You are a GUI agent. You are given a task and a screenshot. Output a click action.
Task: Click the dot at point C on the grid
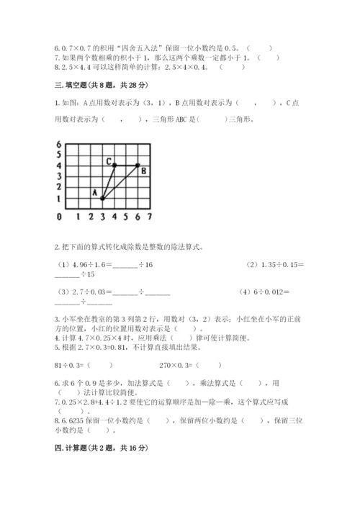(114, 166)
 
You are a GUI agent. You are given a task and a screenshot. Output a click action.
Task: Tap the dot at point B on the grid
(138, 166)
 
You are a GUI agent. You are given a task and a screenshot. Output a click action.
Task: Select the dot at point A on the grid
(102, 198)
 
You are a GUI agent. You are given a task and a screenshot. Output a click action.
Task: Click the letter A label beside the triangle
(94, 192)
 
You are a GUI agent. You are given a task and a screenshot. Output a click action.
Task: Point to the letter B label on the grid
(143, 171)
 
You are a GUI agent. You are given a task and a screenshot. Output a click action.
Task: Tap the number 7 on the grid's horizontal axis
(149, 216)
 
